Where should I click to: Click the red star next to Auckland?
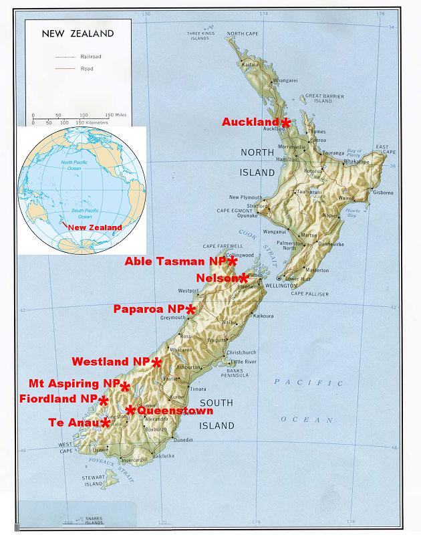tap(285, 122)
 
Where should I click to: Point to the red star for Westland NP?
tap(156, 362)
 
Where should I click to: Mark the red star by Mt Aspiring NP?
tap(124, 386)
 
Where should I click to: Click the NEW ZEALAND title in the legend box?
tap(78, 33)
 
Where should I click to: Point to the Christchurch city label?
tap(241, 352)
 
